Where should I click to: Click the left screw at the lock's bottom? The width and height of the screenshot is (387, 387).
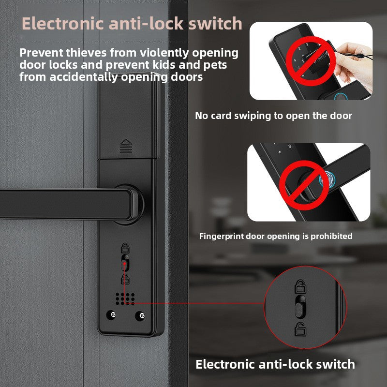(111, 315)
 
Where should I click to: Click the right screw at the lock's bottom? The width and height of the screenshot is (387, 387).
(140, 316)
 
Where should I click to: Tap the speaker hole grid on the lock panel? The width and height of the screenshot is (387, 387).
(125, 298)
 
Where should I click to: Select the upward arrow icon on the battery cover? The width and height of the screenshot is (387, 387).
(126, 146)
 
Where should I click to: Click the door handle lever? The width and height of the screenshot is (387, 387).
(69, 204)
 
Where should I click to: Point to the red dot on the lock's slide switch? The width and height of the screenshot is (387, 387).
(125, 263)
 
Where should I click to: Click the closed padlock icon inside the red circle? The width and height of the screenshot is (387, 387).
(300, 286)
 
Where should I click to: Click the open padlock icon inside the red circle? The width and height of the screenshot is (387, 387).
(300, 329)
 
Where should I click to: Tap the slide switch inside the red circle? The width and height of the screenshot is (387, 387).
(300, 307)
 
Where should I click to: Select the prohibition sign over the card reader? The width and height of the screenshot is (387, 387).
(311, 61)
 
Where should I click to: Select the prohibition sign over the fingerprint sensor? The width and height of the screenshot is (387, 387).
(304, 185)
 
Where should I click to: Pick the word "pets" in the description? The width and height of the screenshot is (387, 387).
(215, 65)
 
